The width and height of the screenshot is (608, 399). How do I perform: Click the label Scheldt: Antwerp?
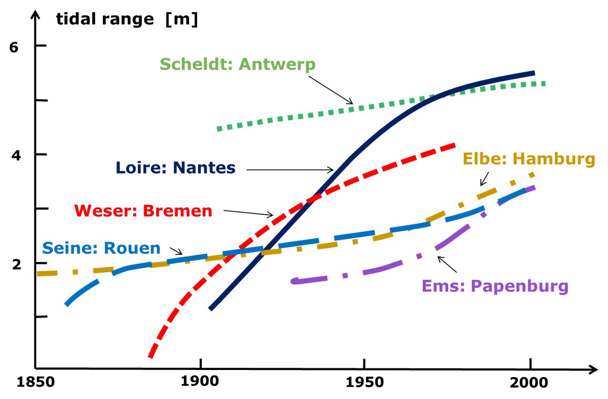(x=238, y=64)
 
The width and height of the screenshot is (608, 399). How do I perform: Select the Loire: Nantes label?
(x=175, y=168)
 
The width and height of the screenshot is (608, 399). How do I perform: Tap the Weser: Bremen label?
(x=143, y=210)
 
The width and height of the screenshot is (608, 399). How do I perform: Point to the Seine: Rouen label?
(x=101, y=248)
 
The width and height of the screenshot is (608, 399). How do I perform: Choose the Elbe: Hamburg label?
(x=529, y=159)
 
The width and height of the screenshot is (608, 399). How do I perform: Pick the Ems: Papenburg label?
(x=495, y=287)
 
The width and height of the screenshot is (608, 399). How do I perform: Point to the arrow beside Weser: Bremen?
(x=248, y=213)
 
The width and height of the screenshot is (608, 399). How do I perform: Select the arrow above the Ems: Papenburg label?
(x=447, y=264)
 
